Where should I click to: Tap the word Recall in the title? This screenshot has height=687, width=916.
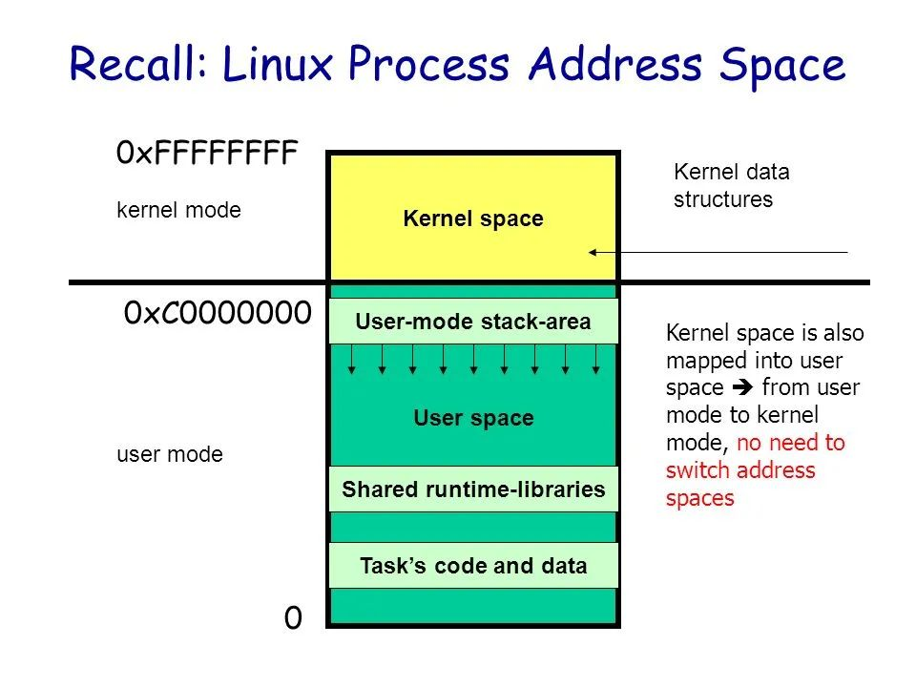click(134, 65)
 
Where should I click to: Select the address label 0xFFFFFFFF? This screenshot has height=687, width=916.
click(207, 153)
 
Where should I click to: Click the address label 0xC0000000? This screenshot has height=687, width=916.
click(218, 313)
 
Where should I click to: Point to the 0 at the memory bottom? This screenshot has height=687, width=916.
click(293, 619)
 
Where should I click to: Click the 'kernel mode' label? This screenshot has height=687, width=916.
click(178, 211)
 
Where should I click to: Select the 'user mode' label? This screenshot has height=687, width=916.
click(169, 454)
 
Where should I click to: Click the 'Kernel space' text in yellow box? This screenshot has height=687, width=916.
click(473, 219)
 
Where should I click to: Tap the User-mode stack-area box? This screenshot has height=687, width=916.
click(473, 323)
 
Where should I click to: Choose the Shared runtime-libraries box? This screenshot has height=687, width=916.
click(473, 489)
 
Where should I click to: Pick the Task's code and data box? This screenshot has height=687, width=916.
click(473, 566)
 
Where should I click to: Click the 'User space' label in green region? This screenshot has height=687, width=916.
click(473, 418)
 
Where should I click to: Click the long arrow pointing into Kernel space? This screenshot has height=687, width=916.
click(716, 253)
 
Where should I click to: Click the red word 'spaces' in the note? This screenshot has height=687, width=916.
click(700, 498)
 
